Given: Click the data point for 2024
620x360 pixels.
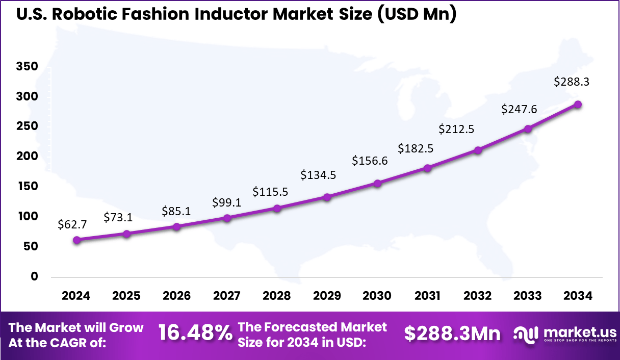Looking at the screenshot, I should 76,240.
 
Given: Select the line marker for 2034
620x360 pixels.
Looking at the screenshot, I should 578,105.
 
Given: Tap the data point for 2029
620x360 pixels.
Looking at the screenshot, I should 327,197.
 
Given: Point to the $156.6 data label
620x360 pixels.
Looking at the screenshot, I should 370,161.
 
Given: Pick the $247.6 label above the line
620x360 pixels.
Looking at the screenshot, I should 519,109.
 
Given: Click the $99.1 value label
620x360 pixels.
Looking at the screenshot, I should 227,202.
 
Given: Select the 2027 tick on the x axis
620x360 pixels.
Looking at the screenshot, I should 227,296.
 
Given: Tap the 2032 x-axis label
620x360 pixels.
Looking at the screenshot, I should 478,296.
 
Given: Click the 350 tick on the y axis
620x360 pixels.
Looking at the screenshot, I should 27,67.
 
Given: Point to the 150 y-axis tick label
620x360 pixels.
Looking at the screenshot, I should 27,187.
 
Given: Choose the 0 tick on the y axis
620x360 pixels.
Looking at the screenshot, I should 34,276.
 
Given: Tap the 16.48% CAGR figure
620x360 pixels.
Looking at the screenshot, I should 195,333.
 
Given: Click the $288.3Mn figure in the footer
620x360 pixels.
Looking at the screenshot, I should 452,333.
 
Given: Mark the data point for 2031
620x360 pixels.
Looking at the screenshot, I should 428,168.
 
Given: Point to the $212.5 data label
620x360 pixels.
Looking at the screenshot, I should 456,129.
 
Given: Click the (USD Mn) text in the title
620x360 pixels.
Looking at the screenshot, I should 417,14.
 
